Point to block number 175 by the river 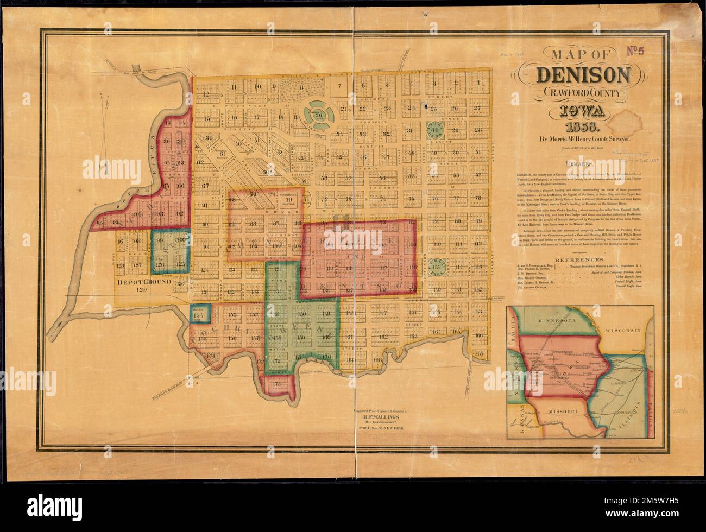(x=278, y=383)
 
